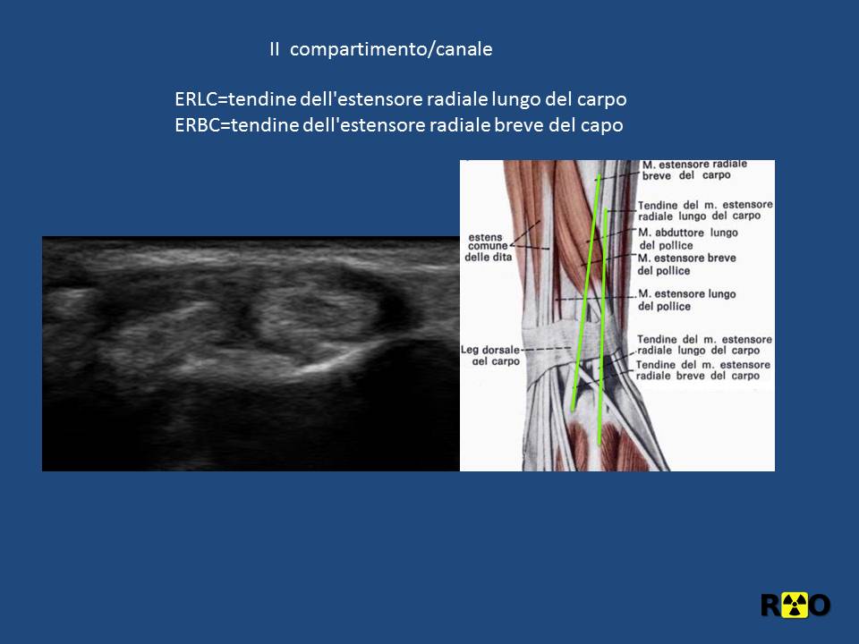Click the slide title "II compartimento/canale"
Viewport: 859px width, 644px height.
click(381, 49)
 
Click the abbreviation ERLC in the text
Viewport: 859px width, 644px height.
click(196, 99)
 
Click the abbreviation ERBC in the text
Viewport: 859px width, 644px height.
click(197, 125)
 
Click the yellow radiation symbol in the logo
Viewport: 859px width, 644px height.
click(795, 605)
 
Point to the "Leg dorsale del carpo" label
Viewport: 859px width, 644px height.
click(491, 355)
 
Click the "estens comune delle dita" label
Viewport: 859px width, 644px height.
click(488, 247)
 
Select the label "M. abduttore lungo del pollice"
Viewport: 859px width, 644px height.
click(688, 239)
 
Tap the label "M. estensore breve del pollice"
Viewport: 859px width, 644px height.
click(686, 264)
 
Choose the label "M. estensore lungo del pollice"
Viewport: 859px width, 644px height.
click(687, 300)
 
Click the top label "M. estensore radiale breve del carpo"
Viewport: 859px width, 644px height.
click(694, 170)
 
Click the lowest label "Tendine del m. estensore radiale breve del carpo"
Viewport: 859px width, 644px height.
click(703, 370)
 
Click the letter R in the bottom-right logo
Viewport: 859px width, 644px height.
click(770, 606)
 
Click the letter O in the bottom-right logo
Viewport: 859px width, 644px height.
click(820, 606)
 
